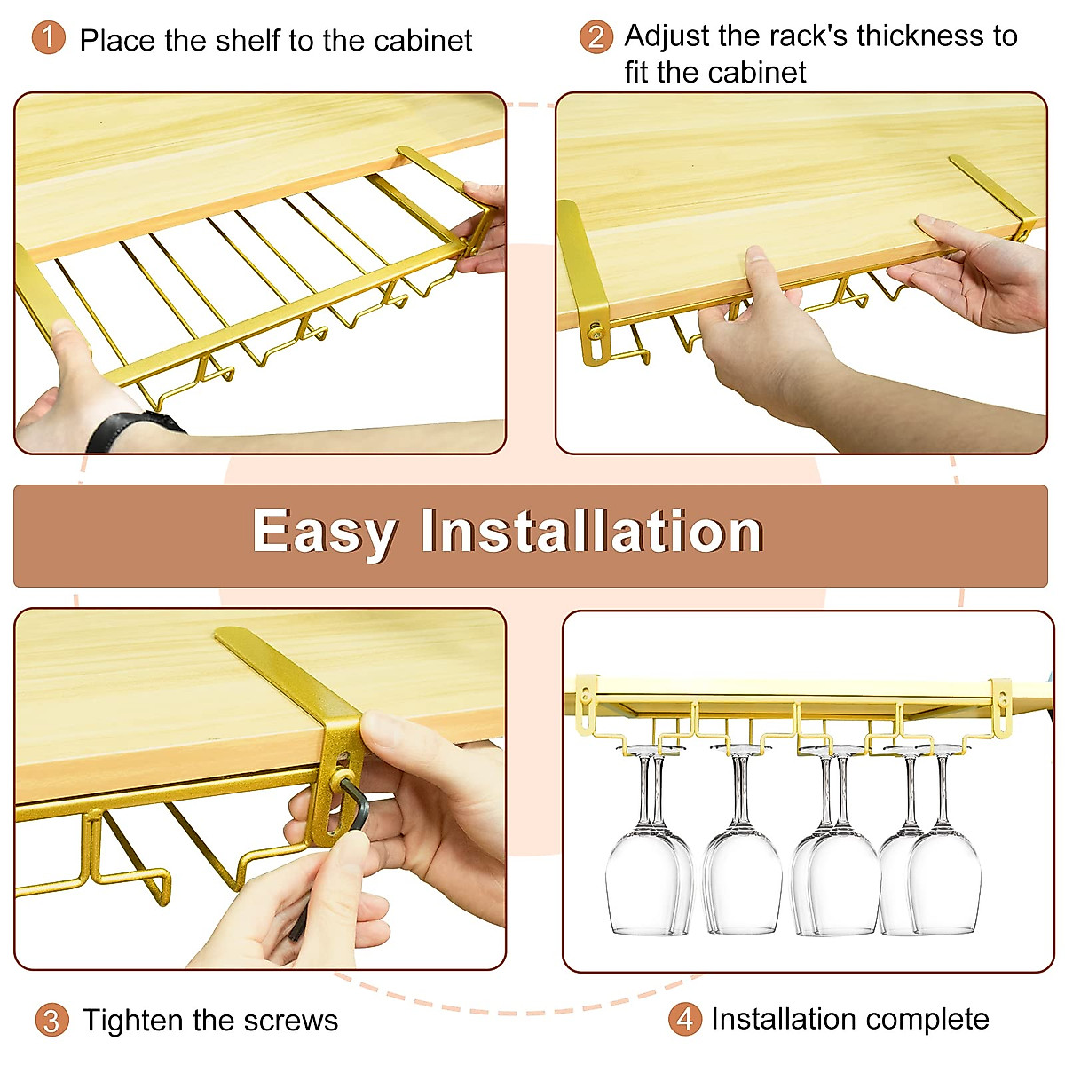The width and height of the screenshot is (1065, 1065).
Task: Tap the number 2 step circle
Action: point(596,37)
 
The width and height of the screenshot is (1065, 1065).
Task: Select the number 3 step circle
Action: point(51,1020)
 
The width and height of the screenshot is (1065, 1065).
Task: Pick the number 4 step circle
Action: point(683,1018)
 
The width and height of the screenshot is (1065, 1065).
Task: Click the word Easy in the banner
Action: point(323,532)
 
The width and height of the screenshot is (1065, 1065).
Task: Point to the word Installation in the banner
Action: point(592,532)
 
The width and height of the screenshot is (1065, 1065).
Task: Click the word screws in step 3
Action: point(292,1021)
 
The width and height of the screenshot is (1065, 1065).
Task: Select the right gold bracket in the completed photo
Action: point(1001,706)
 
